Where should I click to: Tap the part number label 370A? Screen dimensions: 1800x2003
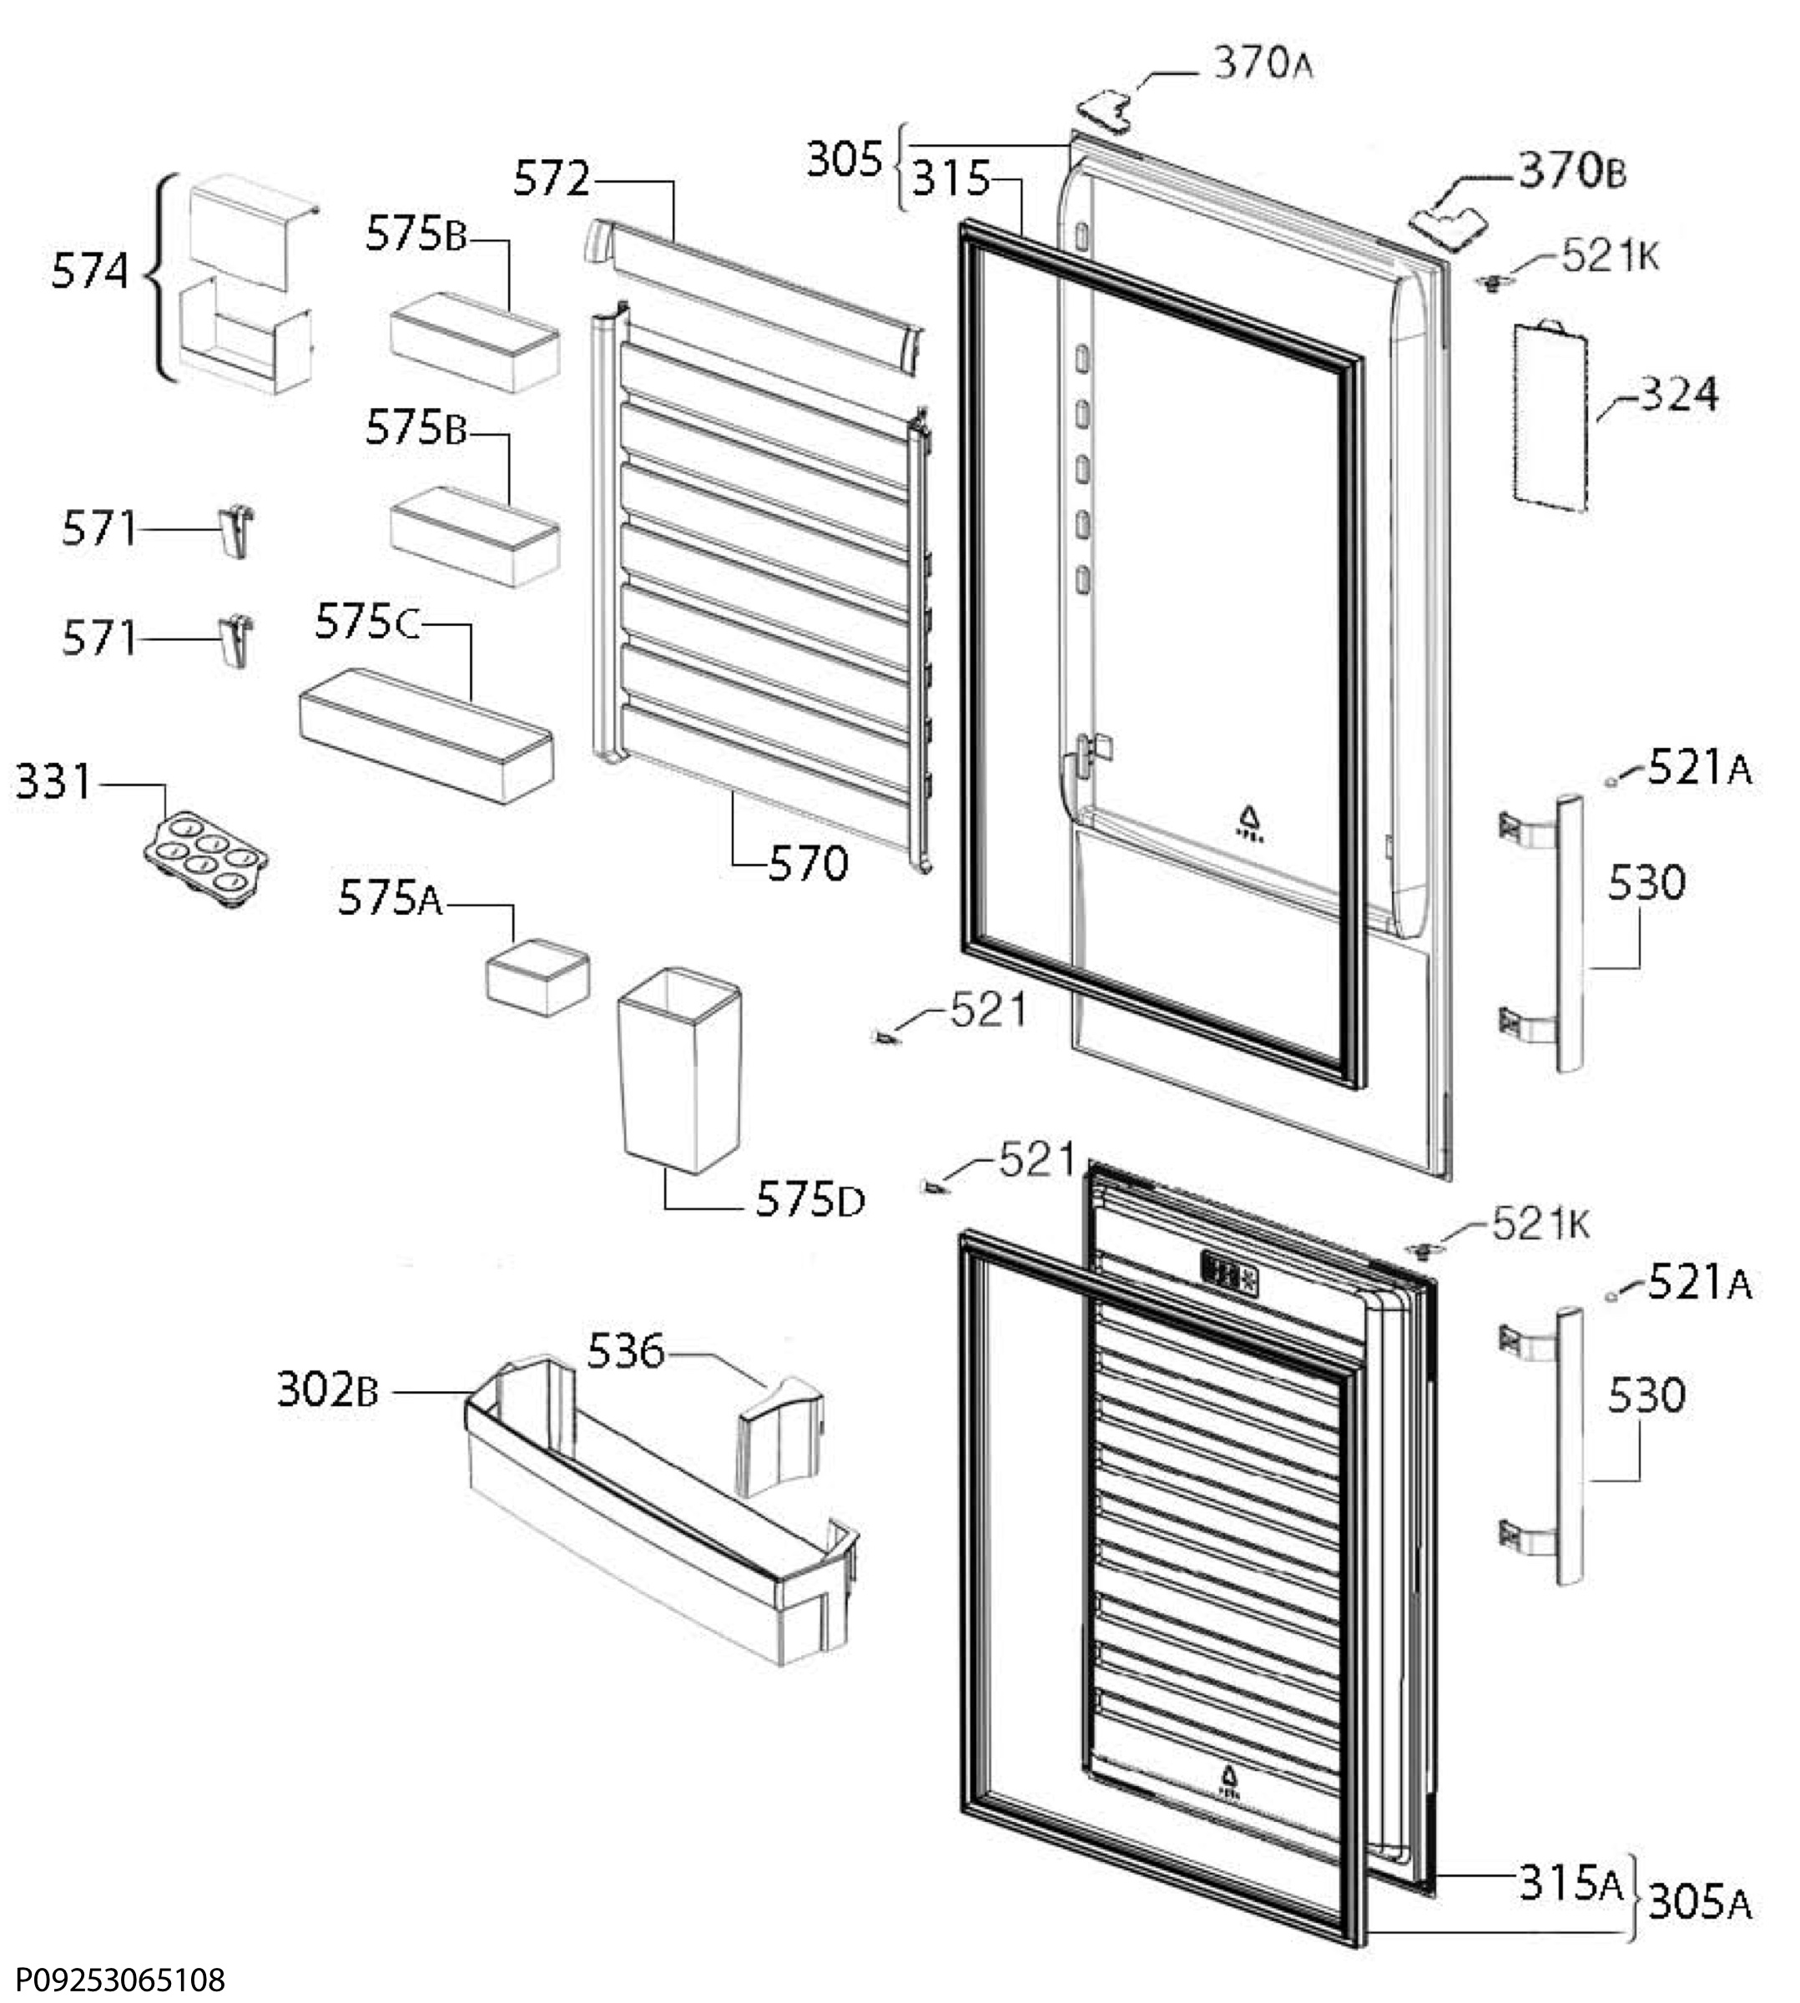[x=1263, y=64]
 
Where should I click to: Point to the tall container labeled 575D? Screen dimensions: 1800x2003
[x=679, y=1070]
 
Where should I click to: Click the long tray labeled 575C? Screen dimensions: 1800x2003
[x=426, y=735]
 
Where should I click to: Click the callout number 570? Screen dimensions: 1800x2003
[x=808, y=864]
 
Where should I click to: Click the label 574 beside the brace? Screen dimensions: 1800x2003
[x=90, y=271]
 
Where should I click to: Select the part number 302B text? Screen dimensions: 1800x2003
[x=327, y=1390]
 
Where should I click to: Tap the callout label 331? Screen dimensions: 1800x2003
[x=53, y=781]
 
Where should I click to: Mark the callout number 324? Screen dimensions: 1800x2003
[x=1679, y=395]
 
